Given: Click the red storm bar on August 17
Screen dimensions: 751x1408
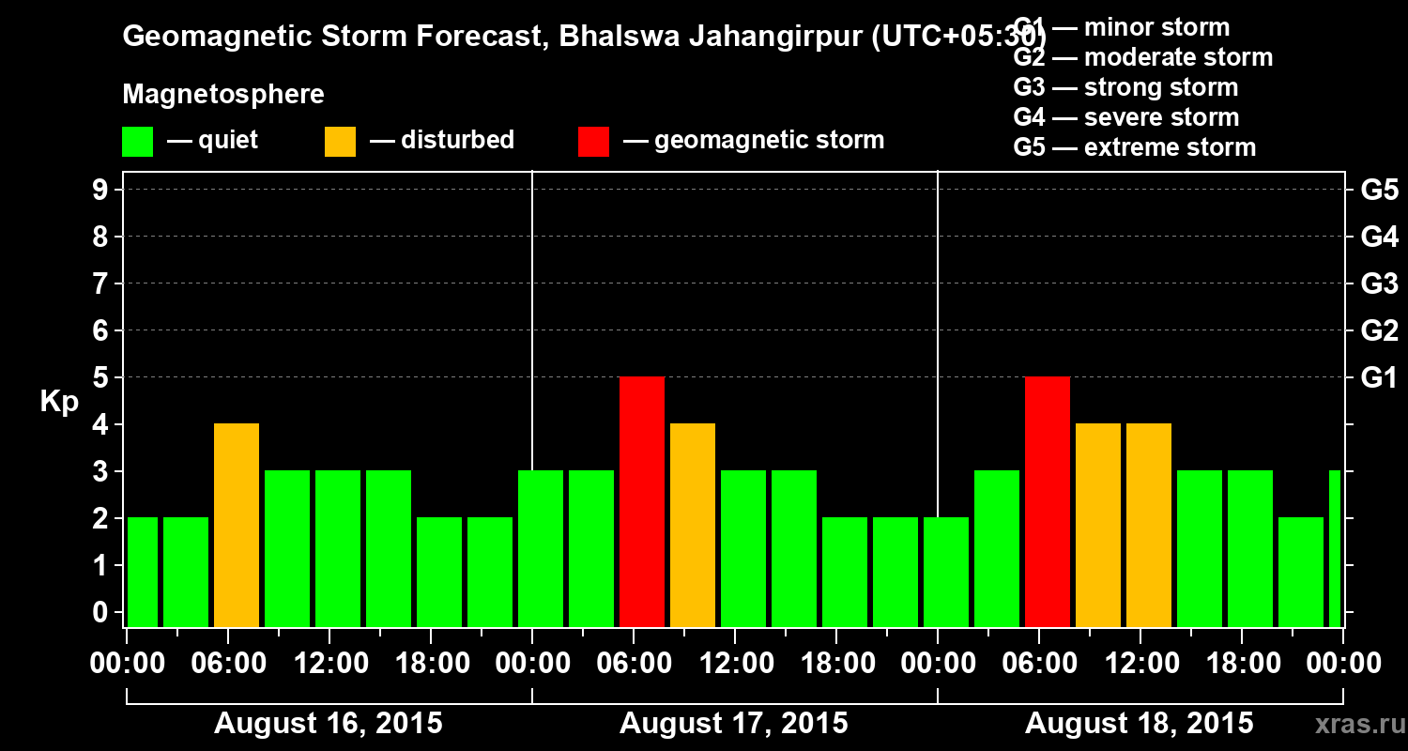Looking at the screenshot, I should pos(642,501).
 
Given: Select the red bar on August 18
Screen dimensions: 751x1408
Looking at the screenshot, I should pos(1048,501).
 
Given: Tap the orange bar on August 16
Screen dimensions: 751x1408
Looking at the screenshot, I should pos(237,525).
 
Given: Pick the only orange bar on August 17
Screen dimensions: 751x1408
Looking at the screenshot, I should pos(693,525).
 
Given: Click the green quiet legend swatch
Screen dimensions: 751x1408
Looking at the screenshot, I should pos(138,142).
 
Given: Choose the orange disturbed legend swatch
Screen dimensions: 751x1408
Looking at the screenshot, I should pos(340,142).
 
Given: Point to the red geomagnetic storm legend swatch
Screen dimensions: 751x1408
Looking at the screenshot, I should pos(593,142).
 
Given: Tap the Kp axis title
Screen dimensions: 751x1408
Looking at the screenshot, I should pos(59,402).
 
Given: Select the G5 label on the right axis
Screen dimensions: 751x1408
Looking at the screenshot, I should pos(1379,191).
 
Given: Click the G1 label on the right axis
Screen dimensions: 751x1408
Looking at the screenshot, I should pos(1379,378).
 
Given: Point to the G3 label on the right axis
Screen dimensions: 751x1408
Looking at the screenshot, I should pos(1379,284).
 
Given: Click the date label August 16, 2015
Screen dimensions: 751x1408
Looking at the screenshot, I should pos(329,724).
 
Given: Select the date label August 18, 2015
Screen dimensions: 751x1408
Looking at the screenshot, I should pos(1139,724).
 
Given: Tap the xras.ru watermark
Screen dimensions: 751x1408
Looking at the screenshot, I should pos(1357,724).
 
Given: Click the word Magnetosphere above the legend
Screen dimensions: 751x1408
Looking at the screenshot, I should pos(223,95).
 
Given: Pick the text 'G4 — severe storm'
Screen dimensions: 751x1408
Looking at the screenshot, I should pos(1126,117).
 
